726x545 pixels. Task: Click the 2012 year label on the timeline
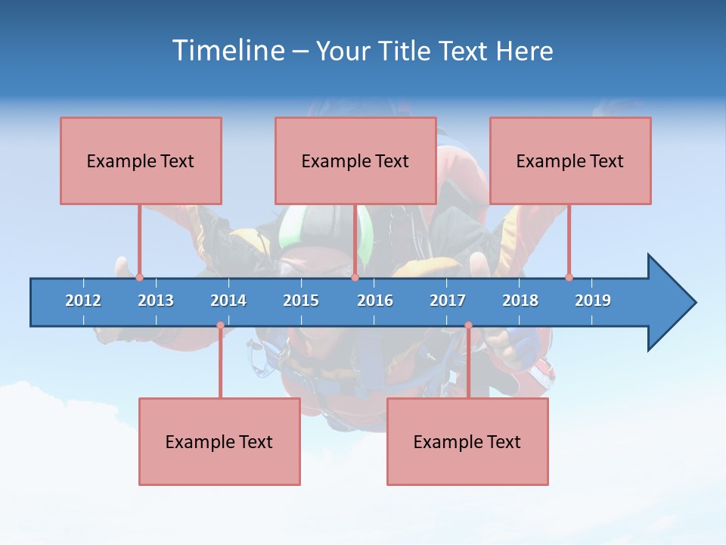(x=83, y=301)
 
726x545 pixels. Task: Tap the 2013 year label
(x=156, y=301)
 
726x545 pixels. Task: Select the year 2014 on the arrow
(x=228, y=301)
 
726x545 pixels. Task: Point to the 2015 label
(x=301, y=301)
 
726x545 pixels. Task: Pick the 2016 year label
(x=375, y=301)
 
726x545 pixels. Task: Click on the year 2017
(x=448, y=301)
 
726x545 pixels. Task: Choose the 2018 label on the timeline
(x=520, y=301)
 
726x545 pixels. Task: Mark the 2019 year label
(x=593, y=301)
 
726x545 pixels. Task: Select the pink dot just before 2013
(x=139, y=277)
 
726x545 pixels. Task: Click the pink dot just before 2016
(x=355, y=277)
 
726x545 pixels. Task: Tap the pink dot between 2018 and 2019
(x=569, y=277)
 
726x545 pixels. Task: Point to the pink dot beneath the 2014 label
(x=220, y=325)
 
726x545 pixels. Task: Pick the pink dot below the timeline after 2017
(x=468, y=325)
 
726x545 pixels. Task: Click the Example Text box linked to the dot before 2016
(x=355, y=160)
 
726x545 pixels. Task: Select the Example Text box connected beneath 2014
(x=219, y=441)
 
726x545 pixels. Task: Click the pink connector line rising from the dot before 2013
(x=139, y=238)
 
